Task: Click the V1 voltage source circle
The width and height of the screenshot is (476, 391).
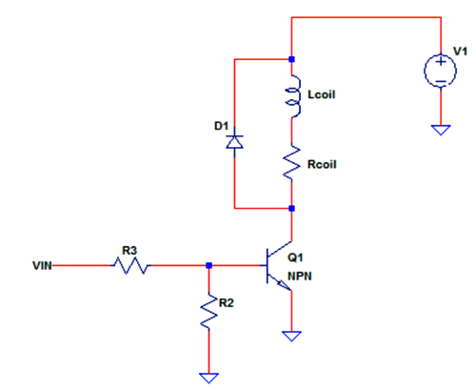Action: [x=440, y=72]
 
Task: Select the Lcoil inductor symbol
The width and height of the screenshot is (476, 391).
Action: [x=292, y=96]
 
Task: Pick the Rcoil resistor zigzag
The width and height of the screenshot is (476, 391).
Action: [x=292, y=162]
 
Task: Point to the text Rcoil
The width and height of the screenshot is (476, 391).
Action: [x=322, y=163]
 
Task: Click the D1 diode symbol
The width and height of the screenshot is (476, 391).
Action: [x=233, y=142]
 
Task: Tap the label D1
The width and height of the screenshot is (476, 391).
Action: [x=221, y=126]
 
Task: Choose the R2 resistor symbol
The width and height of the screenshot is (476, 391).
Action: [x=208, y=314]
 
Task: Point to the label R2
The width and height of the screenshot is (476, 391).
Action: [x=227, y=301]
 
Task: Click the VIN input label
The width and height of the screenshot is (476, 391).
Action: [x=43, y=266]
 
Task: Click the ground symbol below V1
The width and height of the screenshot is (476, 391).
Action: [x=440, y=128]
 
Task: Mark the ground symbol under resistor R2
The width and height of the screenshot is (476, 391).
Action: [x=208, y=377]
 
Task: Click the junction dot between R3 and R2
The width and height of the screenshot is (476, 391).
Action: [x=208, y=266]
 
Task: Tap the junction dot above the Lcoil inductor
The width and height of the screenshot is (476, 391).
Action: [x=292, y=58]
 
